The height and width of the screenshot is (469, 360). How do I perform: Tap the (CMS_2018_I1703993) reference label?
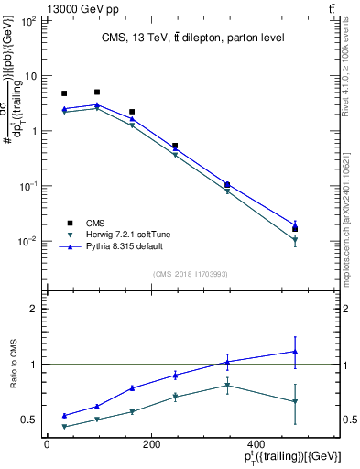[191, 273]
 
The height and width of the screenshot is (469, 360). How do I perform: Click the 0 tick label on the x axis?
[47, 445]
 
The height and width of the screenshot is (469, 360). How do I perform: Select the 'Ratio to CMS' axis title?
[12, 365]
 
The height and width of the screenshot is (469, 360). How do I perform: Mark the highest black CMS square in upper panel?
[97, 92]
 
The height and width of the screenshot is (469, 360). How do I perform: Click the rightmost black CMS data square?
[295, 229]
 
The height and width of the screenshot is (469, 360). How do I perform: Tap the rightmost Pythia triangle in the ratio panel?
[295, 351]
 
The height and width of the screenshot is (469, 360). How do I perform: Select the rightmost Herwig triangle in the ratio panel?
[295, 401]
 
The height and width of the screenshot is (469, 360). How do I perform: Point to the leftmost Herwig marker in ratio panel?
[64, 427]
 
